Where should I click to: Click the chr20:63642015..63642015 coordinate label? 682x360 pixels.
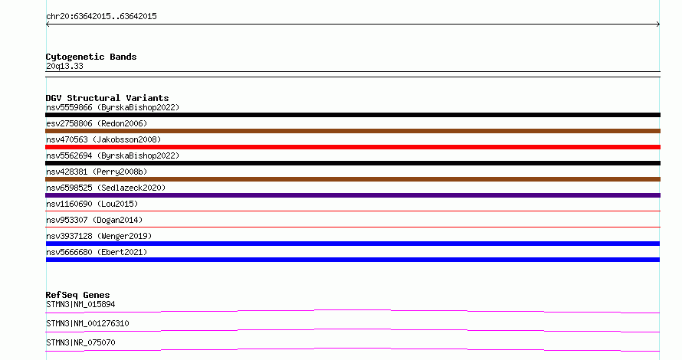[x=101, y=17]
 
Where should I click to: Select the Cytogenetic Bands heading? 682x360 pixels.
[x=91, y=57]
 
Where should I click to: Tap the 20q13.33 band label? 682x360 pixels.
[x=64, y=66]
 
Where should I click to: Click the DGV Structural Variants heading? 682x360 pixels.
[x=107, y=98]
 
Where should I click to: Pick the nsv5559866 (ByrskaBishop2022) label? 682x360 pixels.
[x=113, y=107]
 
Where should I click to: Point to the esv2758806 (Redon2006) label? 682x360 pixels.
[x=97, y=123]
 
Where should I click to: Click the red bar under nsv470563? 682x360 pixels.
[x=352, y=147]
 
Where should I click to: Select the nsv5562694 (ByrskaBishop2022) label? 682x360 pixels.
[x=113, y=155]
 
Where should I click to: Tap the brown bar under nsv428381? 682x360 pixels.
[x=352, y=179]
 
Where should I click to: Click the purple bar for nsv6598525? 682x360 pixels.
[x=352, y=195]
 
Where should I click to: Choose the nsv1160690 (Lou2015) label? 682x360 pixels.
[x=92, y=204]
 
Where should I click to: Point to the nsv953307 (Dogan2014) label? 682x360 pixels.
[x=94, y=220]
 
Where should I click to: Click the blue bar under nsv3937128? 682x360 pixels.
[x=352, y=244]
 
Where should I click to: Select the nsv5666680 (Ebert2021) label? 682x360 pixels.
[x=97, y=252]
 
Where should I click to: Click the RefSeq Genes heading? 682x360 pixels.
[x=77, y=295]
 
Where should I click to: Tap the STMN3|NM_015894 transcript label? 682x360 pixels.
[x=80, y=304]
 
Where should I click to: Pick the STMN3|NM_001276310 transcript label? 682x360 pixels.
[x=87, y=323]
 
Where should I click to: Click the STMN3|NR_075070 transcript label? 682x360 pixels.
[x=80, y=342]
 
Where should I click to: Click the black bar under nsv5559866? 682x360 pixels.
[x=352, y=115]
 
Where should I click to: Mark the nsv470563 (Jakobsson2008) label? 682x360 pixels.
[x=103, y=139]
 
